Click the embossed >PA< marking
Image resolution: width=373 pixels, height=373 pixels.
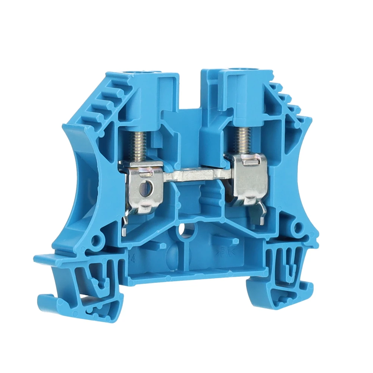[x=224, y=252]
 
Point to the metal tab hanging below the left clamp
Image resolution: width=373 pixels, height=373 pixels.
[x=125, y=223]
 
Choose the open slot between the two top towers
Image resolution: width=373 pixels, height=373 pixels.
[x=190, y=90]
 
